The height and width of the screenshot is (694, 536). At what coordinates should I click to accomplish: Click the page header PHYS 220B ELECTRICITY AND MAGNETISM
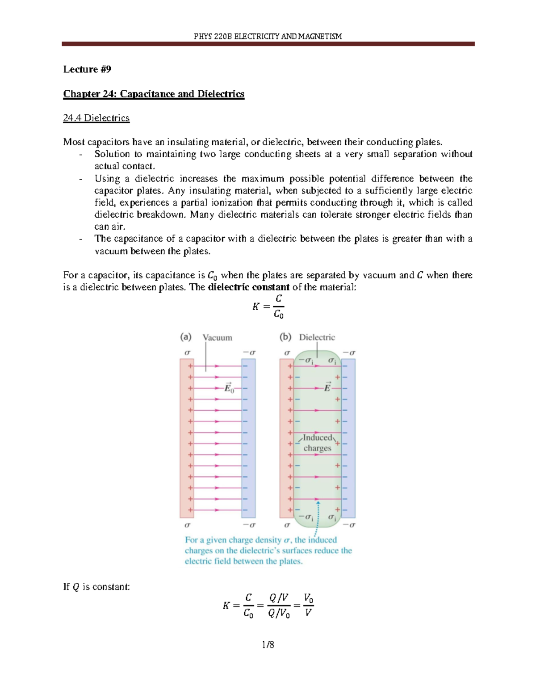click(268, 36)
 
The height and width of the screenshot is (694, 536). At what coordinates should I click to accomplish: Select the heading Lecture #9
click(87, 69)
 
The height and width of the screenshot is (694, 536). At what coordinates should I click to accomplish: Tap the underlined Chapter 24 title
click(154, 94)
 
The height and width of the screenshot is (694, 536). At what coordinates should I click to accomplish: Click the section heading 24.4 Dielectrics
click(96, 118)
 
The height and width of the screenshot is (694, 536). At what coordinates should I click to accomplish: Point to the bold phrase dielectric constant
click(248, 287)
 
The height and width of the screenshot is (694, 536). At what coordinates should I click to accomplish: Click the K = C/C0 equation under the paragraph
click(268, 307)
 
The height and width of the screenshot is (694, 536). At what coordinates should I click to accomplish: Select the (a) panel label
click(186, 337)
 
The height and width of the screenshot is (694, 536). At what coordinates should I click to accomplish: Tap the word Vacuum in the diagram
click(218, 338)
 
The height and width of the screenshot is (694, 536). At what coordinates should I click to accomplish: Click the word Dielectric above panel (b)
click(317, 337)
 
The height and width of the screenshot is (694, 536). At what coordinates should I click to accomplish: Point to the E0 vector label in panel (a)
click(229, 388)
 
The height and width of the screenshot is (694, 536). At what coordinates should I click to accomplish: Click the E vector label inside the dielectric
click(327, 387)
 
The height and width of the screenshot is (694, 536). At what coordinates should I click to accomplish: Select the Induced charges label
click(317, 443)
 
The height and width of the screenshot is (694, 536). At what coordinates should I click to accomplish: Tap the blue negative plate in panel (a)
click(249, 438)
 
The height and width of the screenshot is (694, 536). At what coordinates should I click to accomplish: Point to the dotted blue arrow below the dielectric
click(317, 518)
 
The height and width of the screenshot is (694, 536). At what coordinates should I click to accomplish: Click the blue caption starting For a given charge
click(268, 551)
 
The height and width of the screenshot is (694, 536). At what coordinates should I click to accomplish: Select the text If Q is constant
click(96, 587)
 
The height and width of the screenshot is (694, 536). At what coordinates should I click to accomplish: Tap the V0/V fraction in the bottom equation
click(308, 605)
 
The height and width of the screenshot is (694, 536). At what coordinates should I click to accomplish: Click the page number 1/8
click(268, 644)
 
